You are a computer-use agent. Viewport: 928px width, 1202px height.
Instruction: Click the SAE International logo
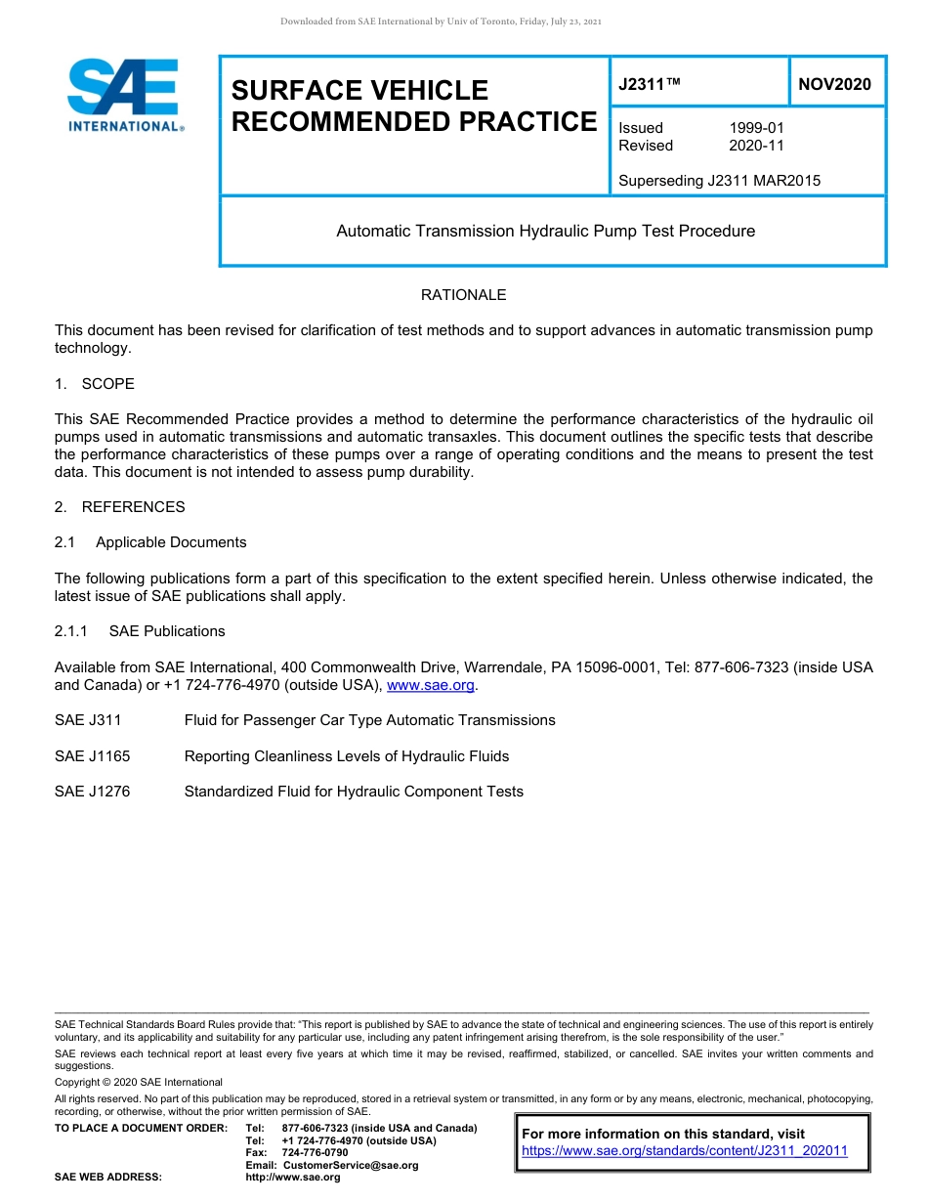point(125,96)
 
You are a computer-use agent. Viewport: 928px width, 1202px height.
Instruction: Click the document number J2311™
point(649,85)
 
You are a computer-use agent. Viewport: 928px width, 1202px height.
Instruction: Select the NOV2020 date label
point(834,85)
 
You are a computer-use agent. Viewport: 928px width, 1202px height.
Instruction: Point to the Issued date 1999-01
point(756,128)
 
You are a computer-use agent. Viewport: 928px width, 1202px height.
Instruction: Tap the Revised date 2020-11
point(756,146)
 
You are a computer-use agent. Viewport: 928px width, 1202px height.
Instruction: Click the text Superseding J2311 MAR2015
point(719,181)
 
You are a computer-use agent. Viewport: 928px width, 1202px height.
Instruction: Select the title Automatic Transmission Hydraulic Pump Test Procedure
point(545,232)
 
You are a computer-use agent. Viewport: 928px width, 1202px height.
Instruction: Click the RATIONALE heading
point(463,295)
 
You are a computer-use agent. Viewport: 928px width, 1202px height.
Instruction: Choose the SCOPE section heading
point(107,384)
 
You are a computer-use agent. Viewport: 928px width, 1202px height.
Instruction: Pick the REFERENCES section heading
point(133,507)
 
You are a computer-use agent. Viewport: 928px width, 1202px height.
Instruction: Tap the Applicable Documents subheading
point(171,542)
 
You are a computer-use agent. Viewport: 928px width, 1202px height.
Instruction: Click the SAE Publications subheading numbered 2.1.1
point(167,631)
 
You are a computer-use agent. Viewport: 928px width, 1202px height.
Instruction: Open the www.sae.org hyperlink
point(431,686)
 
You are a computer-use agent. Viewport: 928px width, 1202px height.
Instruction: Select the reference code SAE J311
point(88,720)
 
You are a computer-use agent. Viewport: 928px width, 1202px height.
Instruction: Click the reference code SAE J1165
point(92,756)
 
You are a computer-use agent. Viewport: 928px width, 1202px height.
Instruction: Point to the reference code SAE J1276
point(92,792)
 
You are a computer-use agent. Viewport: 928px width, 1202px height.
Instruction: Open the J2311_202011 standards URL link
point(685,1151)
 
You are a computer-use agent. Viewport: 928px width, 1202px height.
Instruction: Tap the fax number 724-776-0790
point(315,1153)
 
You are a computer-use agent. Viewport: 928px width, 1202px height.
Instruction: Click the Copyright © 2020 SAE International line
point(139,1082)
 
